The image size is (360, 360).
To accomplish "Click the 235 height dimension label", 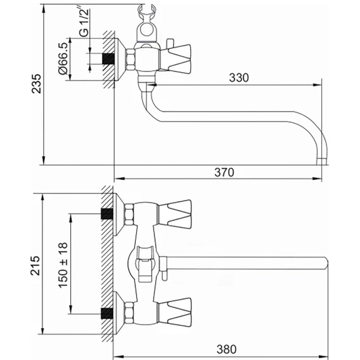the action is click(37, 84).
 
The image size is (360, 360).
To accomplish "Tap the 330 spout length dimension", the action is click(239, 78).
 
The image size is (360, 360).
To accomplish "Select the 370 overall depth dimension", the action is click(224, 172).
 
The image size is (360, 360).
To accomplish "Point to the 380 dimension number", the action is click(226, 349).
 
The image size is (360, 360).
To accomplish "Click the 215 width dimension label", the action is click(35, 266).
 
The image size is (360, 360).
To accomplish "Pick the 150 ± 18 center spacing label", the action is click(63, 265).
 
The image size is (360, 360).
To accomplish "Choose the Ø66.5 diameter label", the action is click(63, 58).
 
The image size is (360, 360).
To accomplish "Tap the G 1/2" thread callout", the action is click(84, 23).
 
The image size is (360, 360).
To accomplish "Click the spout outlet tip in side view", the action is click(321, 162).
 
